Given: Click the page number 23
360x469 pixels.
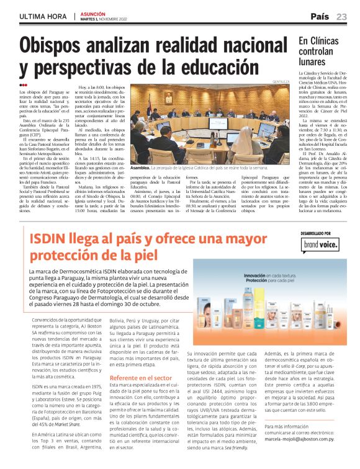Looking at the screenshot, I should click(x=342, y=16).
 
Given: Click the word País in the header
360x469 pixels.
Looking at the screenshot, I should click(x=320, y=16).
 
